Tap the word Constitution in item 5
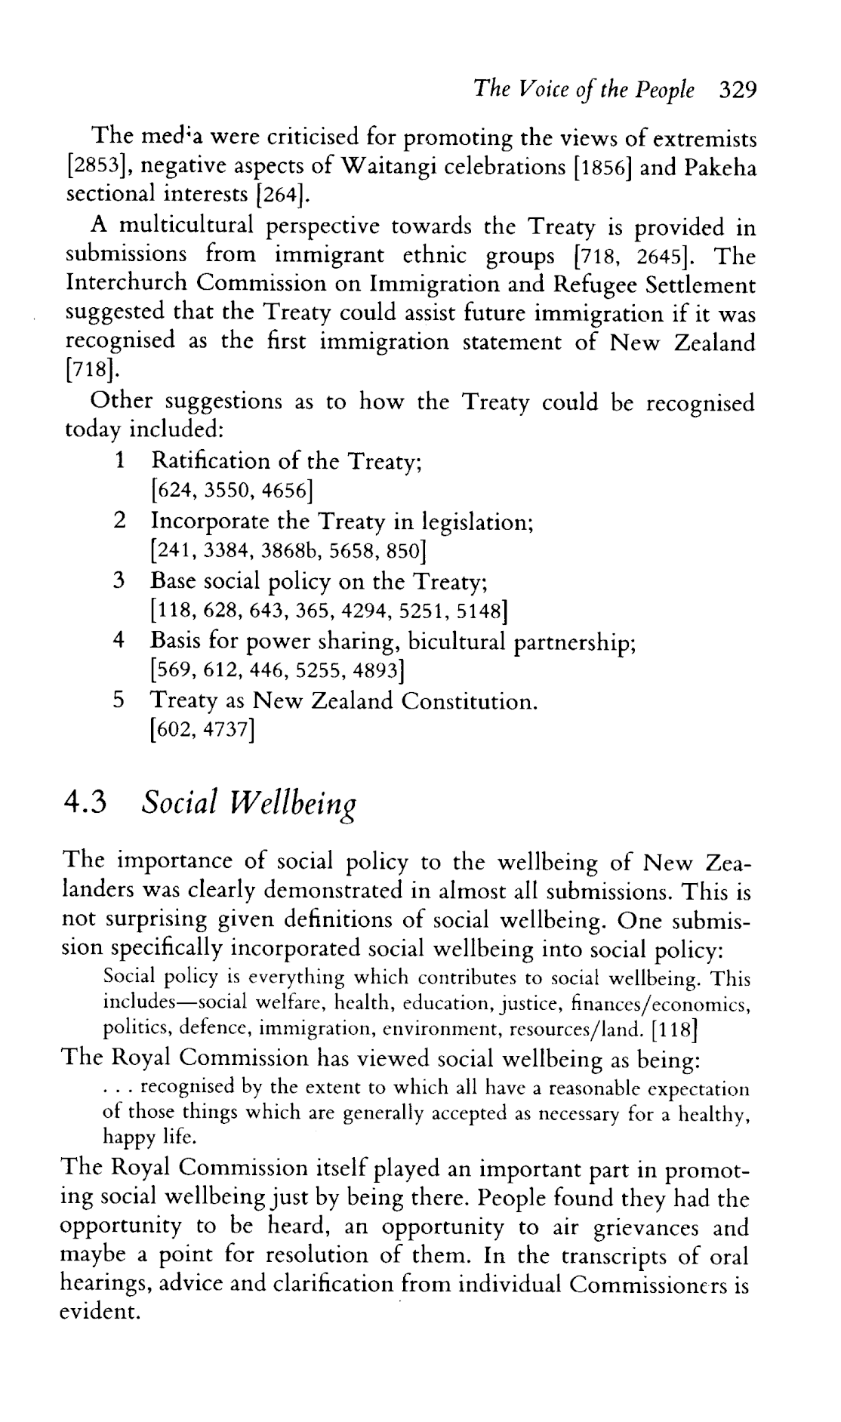pos(468,701)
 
